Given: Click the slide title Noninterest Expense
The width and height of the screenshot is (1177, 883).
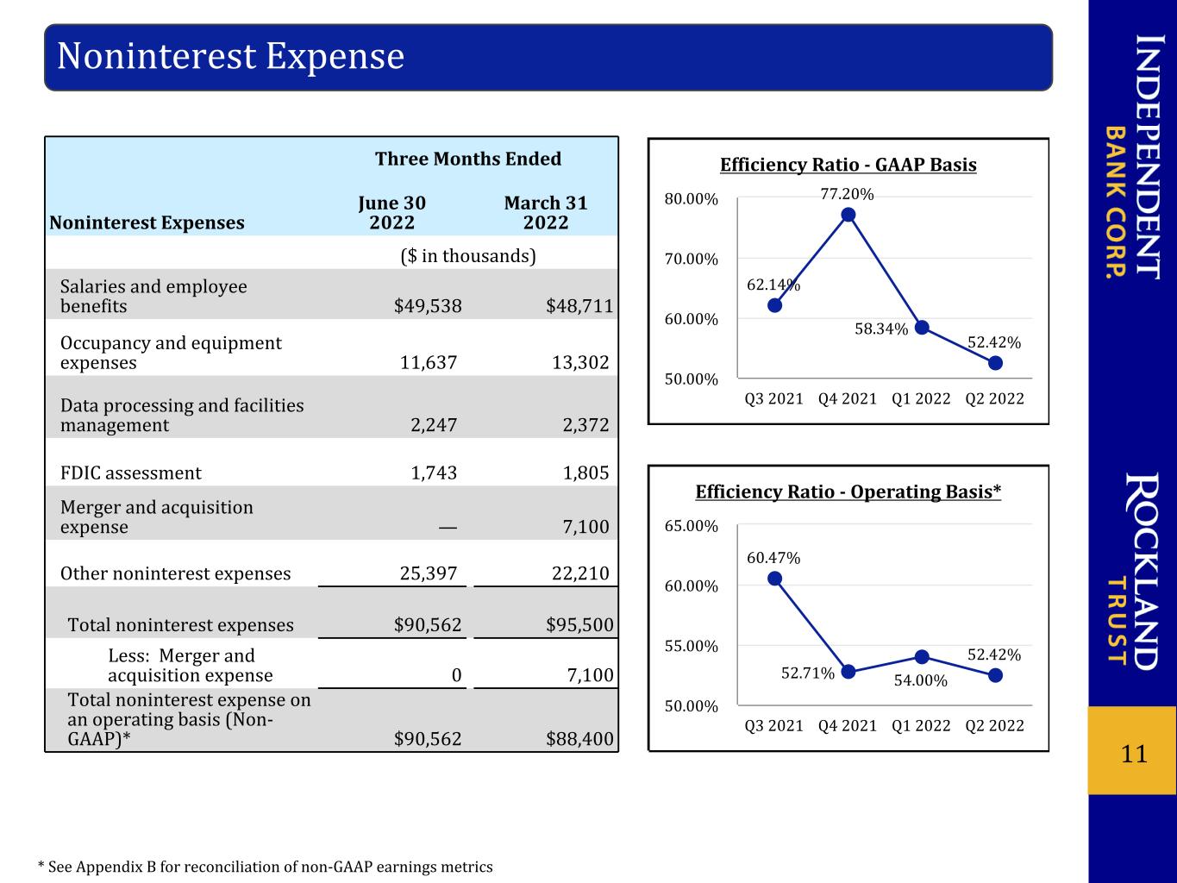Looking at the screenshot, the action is [x=230, y=56].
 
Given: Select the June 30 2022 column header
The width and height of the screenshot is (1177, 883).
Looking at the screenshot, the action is [x=392, y=212].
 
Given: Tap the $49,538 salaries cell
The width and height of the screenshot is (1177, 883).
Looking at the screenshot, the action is [x=428, y=306].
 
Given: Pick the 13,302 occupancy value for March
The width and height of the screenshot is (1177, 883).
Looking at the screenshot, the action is [x=580, y=362].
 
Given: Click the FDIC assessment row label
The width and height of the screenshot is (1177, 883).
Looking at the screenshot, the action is [x=131, y=473].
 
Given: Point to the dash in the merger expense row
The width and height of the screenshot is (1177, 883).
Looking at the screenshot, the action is [x=448, y=528].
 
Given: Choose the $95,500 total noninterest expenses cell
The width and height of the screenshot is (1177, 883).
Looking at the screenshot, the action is [x=579, y=624].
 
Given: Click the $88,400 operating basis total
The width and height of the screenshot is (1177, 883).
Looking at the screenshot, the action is [x=579, y=739].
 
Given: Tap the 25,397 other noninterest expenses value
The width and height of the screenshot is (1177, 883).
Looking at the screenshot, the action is [x=429, y=573].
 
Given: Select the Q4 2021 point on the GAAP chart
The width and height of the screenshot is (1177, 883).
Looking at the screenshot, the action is [x=848, y=215].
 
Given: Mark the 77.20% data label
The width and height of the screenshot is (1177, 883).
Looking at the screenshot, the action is [x=848, y=193].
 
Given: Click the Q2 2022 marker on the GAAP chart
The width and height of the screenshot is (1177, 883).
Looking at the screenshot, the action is [x=995, y=364].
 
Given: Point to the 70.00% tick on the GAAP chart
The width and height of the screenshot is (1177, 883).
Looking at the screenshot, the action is [x=692, y=259].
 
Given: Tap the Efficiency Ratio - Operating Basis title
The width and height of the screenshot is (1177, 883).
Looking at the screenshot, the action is [x=848, y=492].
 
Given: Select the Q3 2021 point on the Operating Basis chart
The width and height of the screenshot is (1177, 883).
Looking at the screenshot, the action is [x=775, y=579].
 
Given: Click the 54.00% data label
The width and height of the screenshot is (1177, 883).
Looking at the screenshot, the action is [x=921, y=680].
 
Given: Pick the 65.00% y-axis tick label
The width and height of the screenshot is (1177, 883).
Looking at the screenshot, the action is [x=692, y=526].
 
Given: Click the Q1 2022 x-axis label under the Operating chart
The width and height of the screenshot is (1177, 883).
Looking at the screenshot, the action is [x=921, y=725].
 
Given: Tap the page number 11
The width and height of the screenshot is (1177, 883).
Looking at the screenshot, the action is [x=1134, y=754].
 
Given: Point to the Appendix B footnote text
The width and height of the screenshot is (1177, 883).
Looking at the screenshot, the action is [x=266, y=867].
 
